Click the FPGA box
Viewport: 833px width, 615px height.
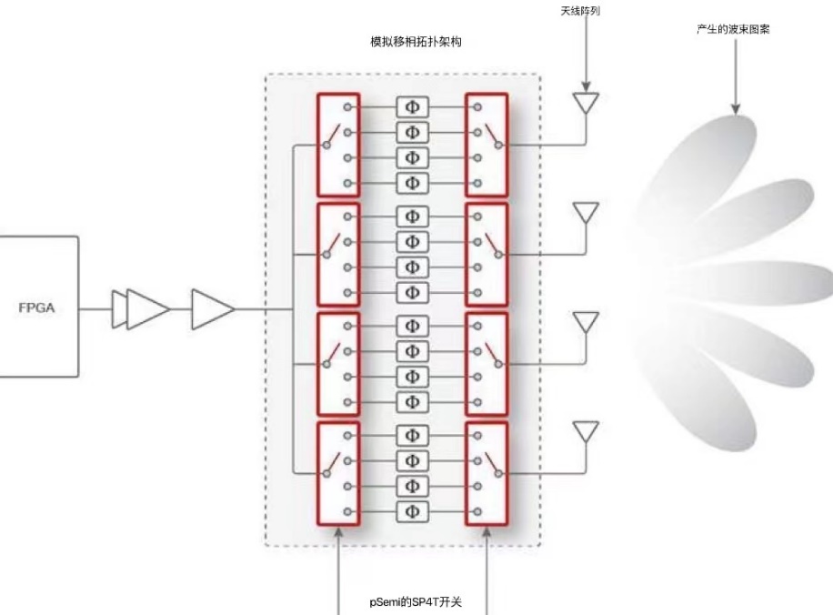tap(38, 307)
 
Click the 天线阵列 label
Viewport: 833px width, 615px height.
tap(581, 12)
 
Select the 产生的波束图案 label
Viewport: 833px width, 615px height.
tap(735, 30)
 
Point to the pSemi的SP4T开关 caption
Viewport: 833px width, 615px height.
tap(414, 601)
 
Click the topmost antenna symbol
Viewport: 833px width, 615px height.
tap(586, 102)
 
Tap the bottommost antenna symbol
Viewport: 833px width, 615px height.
tap(586, 430)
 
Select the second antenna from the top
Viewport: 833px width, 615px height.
tap(586, 213)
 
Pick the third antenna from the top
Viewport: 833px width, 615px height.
tap(586, 321)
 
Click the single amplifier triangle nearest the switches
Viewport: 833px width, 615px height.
tap(212, 309)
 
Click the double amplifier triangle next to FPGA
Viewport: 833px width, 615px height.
tap(142, 309)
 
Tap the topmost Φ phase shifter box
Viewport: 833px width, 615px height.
tap(412, 106)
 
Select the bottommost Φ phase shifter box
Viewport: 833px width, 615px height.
tap(412, 509)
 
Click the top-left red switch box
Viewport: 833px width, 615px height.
tap(338, 145)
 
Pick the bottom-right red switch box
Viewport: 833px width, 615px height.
tap(487, 473)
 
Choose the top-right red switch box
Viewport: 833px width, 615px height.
tap(487, 145)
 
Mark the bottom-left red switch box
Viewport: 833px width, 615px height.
tap(338, 473)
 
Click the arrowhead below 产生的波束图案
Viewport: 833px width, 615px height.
tap(735, 108)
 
